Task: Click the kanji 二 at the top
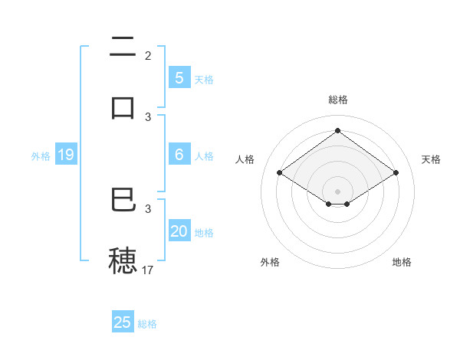[x=123, y=48]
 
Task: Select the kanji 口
[x=123, y=106]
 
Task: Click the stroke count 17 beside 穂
[x=147, y=270]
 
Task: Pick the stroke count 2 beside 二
[x=148, y=56]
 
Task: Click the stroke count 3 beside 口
[x=148, y=116]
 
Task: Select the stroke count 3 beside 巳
[x=148, y=208]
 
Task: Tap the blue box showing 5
[x=179, y=78]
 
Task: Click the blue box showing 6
[x=179, y=155]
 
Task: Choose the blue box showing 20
[x=179, y=231]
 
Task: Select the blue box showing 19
[x=66, y=155]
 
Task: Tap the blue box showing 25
[x=123, y=322]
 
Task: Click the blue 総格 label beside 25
[x=147, y=324]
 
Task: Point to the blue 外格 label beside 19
[x=41, y=156]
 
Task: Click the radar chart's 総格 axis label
[x=338, y=100]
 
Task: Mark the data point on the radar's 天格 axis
[x=396, y=173]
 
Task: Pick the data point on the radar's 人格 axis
[x=280, y=173]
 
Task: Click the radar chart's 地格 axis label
[x=402, y=262]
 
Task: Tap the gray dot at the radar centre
[x=338, y=191]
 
